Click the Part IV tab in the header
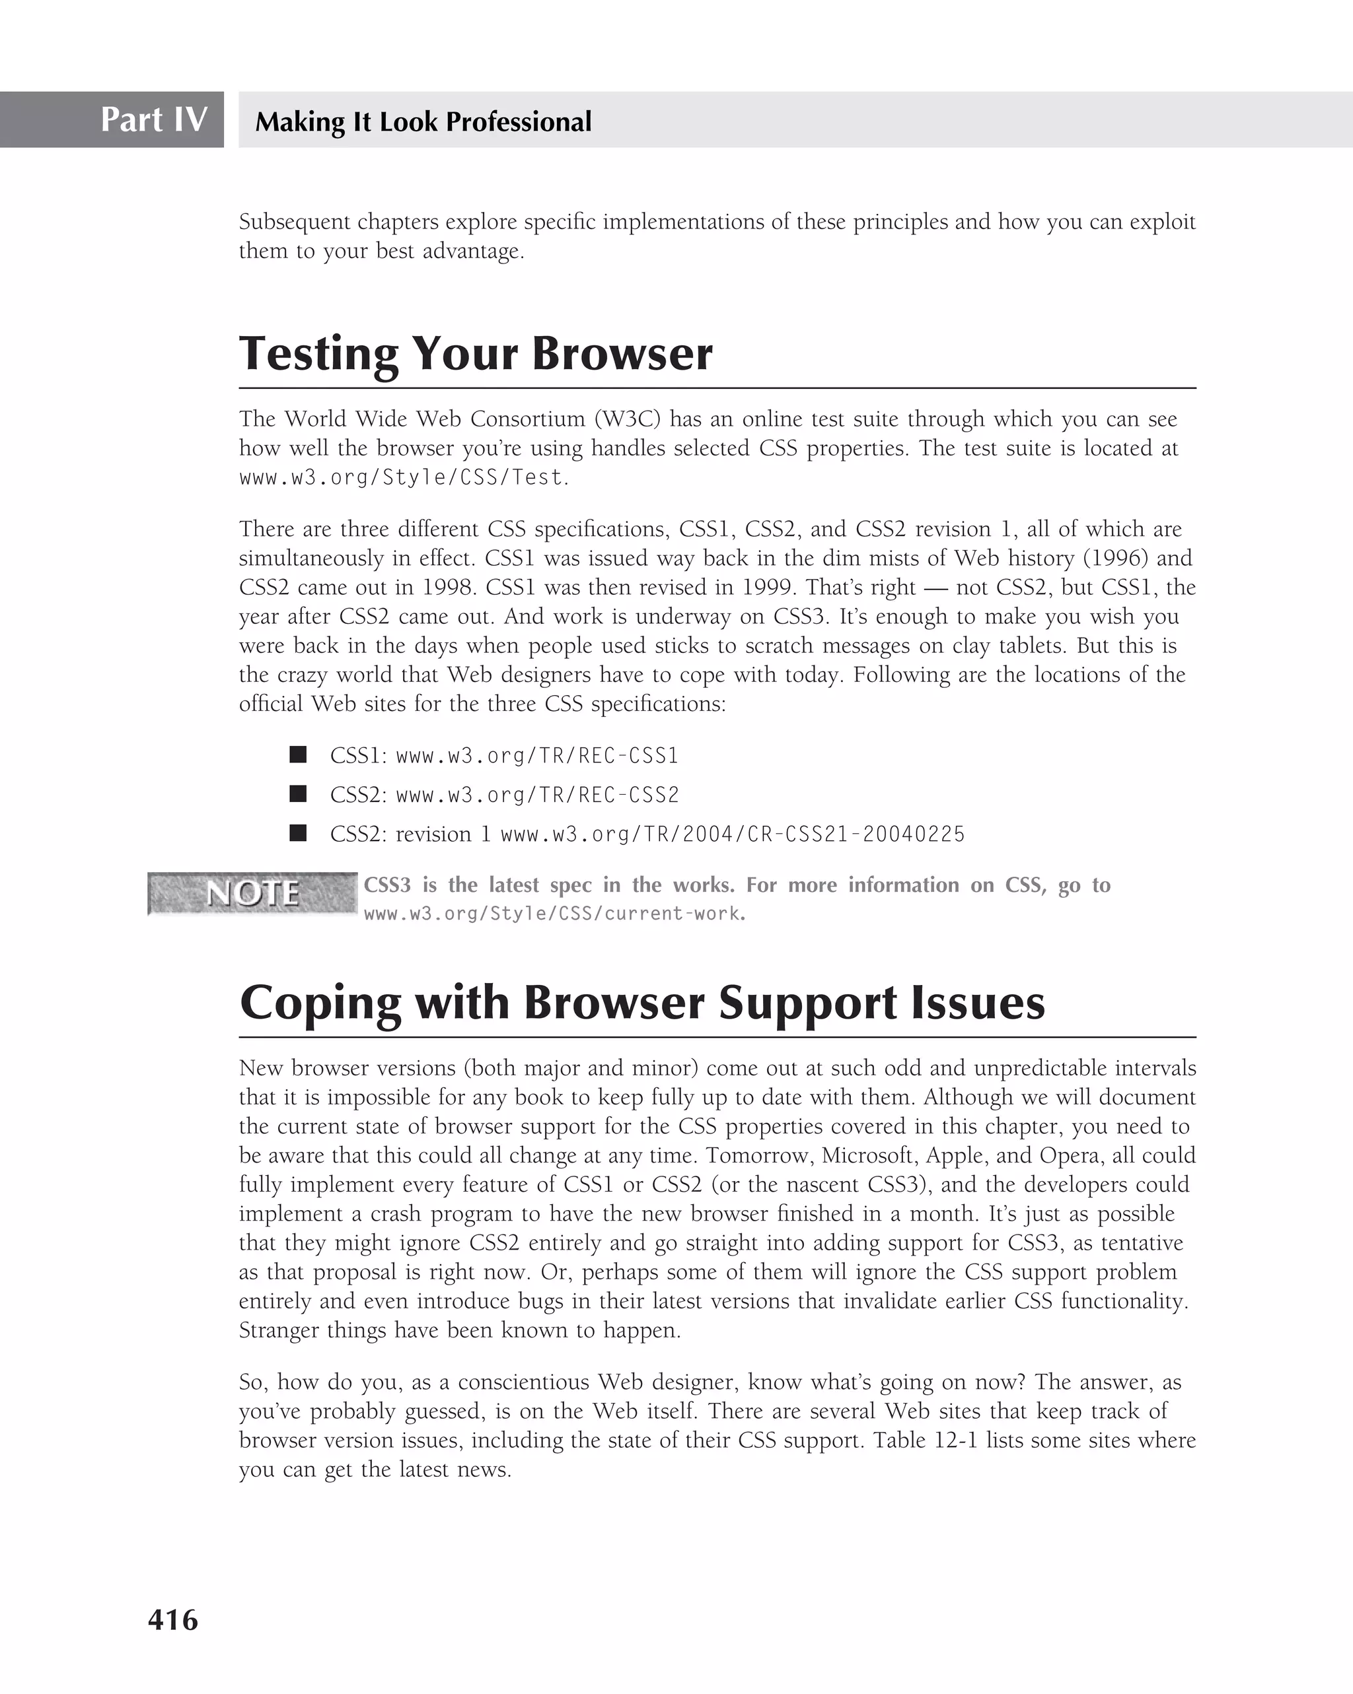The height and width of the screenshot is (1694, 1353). coord(153,119)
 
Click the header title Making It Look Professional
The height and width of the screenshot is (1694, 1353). coord(423,121)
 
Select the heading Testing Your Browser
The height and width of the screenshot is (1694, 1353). coord(476,354)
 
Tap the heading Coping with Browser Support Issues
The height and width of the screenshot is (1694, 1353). coord(642,1003)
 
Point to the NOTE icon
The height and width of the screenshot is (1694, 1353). coord(252,893)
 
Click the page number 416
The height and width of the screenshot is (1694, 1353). coord(173,1620)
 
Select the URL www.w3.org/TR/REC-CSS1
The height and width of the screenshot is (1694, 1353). coord(537,756)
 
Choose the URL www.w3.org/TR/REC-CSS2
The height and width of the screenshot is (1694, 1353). coord(537,795)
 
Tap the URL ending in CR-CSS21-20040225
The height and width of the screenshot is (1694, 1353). coord(732,834)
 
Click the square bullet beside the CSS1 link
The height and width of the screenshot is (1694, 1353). coord(298,755)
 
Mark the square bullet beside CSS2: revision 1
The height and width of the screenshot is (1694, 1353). coord(298,833)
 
